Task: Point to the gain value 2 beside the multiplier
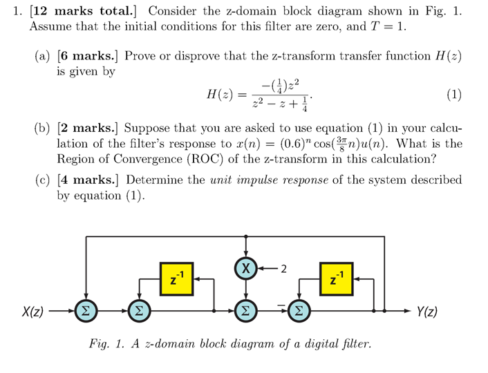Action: point(283,268)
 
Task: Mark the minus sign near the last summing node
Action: point(281,301)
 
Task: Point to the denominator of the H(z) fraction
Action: point(280,106)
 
